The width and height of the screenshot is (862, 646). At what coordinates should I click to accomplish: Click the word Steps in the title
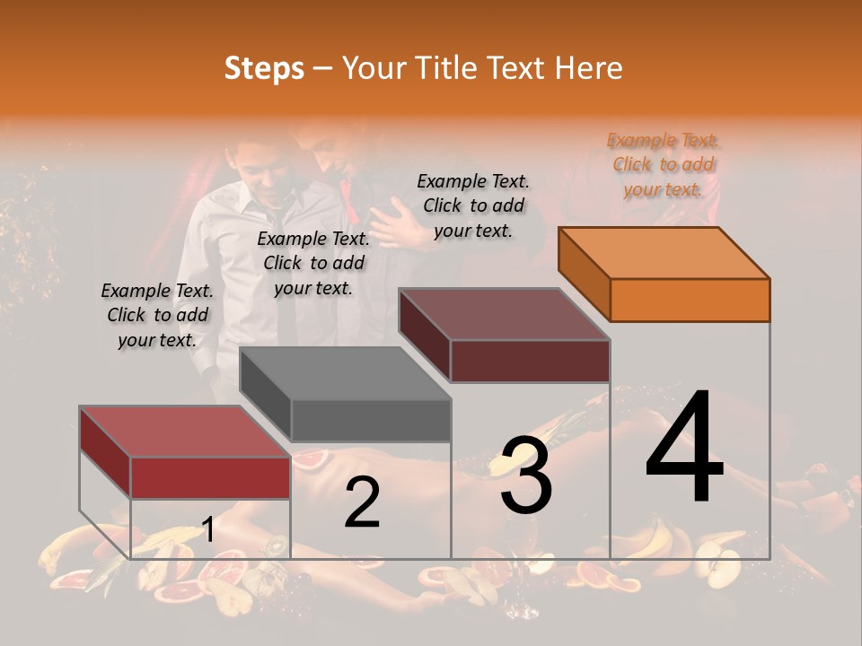(x=264, y=68)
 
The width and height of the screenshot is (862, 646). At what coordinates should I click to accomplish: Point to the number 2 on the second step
(x=362, y=503)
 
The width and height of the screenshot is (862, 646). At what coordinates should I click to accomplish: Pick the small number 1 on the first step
(x=208, y=530)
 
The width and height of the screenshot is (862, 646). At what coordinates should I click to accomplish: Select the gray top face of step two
(x=346, y=372)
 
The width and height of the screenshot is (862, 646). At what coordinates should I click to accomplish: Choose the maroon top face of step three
(x=505, y=314)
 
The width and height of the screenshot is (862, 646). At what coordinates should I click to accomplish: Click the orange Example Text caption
(x=664, y=165)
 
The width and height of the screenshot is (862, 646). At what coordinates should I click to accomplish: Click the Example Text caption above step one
(x=157, y=315)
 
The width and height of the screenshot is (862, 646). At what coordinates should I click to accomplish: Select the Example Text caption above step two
(x=313, y=263)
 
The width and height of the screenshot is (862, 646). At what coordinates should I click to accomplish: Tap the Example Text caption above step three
(x=473, y=205)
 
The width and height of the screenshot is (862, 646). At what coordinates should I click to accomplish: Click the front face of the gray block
(x=371, y=420)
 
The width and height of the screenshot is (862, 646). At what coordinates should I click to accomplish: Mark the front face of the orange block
(x=690, y=300)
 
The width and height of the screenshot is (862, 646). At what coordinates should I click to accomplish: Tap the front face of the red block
(x=210, y=477)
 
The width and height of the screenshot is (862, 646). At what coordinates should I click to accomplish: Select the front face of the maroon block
(x=530, y=361)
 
